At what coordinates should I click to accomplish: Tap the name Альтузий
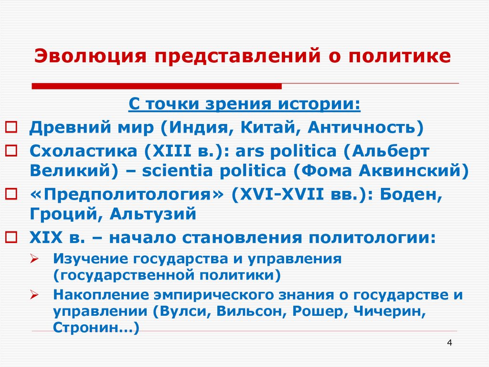point(153,213)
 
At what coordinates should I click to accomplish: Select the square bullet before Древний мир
point(11,128)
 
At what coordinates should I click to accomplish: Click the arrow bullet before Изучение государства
point(34,259)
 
